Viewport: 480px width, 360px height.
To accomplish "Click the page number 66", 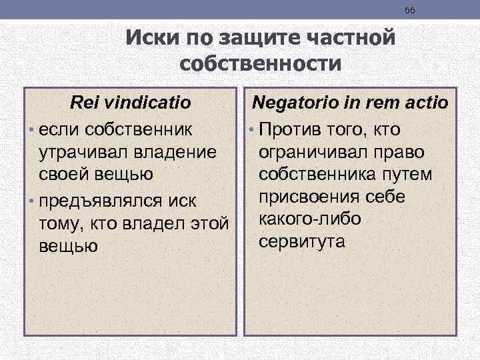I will pyautogui.click(x=409, y=10).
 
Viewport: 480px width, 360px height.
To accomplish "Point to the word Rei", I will pyautogui.click(x=85, y=103).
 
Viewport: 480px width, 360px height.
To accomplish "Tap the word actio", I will pyautogui.click(x=425, y=103).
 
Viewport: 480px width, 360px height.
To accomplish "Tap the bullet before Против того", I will pyautogui.click(x=253, y=128).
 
